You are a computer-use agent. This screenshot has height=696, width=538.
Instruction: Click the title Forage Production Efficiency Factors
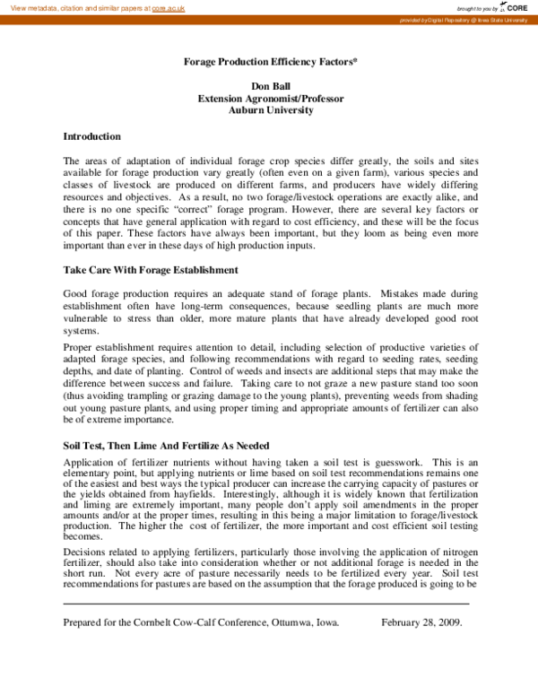click(x=269, y=65)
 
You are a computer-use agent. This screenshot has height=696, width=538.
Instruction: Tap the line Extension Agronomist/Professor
click(x=270, y=100)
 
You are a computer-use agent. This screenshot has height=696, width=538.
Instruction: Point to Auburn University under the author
click(x=270, y=111)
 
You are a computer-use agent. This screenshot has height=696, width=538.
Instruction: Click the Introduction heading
click(x=91, y=136)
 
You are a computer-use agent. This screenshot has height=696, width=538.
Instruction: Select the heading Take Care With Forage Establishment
click(x=150, y=270)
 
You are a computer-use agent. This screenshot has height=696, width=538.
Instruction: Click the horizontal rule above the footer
click(x=266, y=604)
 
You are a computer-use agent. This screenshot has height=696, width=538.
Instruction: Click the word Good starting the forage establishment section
click(x=76, y=293)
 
